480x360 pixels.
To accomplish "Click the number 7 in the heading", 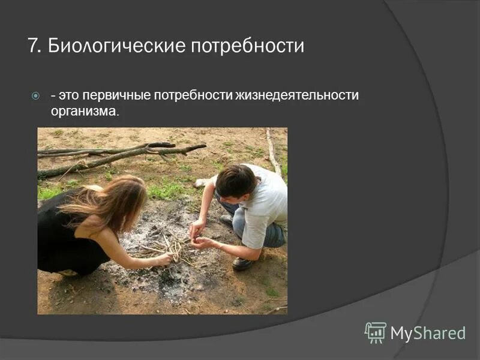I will (32, 46).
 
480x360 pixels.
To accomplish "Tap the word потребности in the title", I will (247, 47).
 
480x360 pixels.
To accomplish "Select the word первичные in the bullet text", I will (117, 95).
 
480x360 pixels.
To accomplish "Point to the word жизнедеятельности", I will (298, 95).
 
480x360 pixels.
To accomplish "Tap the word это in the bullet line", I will (69, 95).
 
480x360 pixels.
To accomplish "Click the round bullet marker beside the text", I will (35, 95).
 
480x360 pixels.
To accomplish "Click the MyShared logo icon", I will (375, 332).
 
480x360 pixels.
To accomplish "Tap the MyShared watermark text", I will (428, 333).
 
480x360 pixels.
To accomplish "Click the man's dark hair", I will (236, 180).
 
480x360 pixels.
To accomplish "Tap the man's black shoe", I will (243, 263).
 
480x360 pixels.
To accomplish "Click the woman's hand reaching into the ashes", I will (163, 259).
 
